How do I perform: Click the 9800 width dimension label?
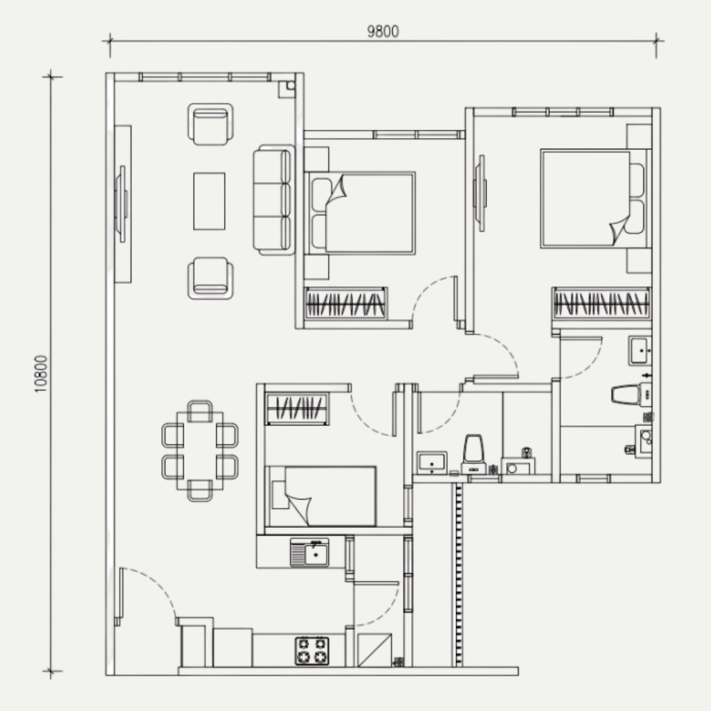(x=383, y=32)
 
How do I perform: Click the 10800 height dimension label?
(x=41, y=374)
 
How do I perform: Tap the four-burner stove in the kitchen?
(x=312, y=651)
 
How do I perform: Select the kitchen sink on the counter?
(x=309, y=552)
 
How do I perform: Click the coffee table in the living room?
(x=209, y=201)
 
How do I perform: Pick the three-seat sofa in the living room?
(x=274, y=200)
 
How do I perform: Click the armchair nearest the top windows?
(x=210, y=124)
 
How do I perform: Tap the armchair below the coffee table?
(x=210, y=278)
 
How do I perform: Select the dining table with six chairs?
(x=200, y=451)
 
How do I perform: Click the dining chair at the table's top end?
(x=200, y=410)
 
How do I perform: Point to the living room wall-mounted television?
(x=121, y=204)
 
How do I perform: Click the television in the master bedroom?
(x=481, y=193)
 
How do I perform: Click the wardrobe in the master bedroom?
(x=601, y=303)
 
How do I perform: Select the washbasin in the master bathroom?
(x=640, y=350)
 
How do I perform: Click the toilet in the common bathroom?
(x=473, y=454)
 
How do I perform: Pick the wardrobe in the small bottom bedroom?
(x=297, y=409)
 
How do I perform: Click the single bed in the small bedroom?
(x=321, y=497)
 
